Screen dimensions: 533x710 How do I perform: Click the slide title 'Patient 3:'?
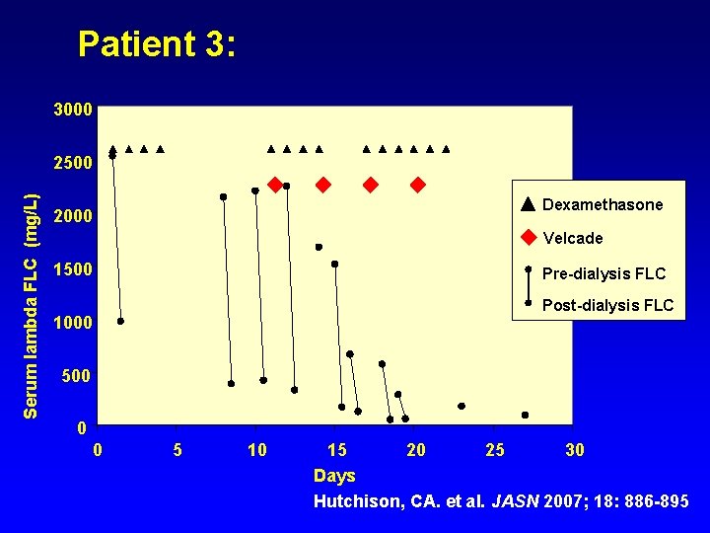click(157, 44)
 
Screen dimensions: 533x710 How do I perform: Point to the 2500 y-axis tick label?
click(73, 162)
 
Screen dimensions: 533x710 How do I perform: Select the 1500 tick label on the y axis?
click(73, 269)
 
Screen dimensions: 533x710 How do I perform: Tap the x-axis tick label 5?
click(177, 451)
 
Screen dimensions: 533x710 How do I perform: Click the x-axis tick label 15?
click(336, 451)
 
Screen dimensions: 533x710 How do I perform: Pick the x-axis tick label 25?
click(495, 451)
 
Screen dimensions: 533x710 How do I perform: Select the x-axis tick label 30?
click(575, 451)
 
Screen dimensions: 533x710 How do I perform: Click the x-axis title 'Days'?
click(334, 477)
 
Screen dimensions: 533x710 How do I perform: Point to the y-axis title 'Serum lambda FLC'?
click(32, 306)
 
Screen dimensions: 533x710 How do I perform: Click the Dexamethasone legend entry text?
click(603, 205)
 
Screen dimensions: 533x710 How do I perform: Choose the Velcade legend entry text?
click(573, 239)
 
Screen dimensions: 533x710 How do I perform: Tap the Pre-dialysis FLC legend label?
click(604, 273)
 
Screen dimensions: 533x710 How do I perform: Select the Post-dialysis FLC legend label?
click(607, 306)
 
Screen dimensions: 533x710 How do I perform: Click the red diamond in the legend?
click(529, 238)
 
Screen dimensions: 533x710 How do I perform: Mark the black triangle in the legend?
click(529, 204)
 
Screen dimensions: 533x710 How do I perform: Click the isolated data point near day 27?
click(525, 416)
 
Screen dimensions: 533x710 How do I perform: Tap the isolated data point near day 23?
click(461, 406)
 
